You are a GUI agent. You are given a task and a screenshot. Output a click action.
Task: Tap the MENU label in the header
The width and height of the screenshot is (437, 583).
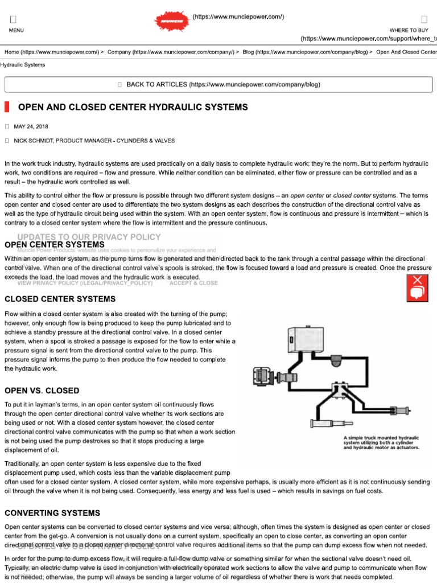pyautogui.click(x=17, y=30)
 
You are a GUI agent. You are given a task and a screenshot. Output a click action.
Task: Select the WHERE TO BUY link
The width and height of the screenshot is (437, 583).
pyautogui.click(x=409, y=30)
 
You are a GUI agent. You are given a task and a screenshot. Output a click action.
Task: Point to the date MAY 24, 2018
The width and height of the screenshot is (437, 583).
pyautogui.click(x=31, y=126)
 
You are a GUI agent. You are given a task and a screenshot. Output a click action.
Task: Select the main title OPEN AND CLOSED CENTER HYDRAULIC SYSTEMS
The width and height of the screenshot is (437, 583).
pyautogui.click(x=133, y=107)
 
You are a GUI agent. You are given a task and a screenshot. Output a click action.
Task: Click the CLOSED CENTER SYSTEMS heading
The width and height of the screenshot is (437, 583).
pyautogui.click(x=60, y=299)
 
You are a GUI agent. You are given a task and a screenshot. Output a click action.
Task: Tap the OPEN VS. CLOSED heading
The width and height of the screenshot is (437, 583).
pyautogui.click(x=42, y=391)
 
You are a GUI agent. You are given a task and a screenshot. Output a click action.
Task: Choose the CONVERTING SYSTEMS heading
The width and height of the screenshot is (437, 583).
pyautogui.click(x=52, y=513)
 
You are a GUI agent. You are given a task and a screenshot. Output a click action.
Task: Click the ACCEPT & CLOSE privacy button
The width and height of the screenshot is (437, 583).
pyautogui.click(x=193, y=283)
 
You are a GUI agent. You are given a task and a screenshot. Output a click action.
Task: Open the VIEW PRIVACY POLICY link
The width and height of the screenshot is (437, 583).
pyautogui.click(x=85, y=283)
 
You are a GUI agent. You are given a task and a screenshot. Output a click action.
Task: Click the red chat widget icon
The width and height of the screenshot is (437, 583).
pyautogui.click(x=417, y=288)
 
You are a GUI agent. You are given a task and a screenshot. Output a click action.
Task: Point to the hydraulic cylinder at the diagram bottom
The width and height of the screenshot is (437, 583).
pyautogui.click(x=335, y=423)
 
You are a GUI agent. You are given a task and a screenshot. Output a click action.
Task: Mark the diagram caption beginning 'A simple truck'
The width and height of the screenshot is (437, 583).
pyautogui.click(x=381, y=443)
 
